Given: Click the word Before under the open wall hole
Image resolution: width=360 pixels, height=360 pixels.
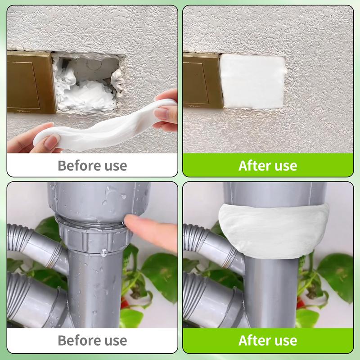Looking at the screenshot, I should tap(76, 166).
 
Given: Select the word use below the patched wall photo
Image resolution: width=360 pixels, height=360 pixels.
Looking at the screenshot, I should tap(286, 166).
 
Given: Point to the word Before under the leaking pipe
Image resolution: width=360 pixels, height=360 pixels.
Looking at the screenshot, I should tap(76, 340).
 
